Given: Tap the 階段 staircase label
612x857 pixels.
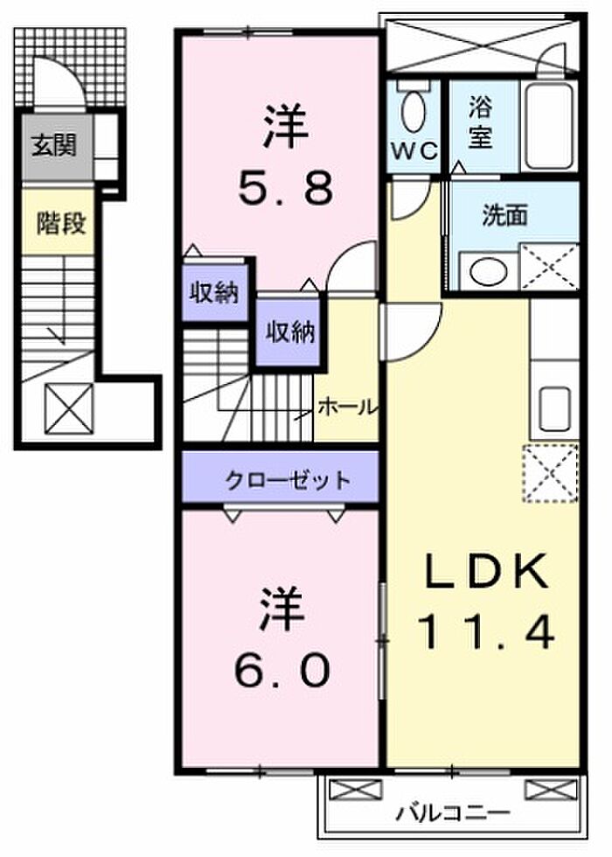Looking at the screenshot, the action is [x=60, y=223].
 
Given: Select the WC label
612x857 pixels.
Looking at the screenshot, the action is [x=414, y=150].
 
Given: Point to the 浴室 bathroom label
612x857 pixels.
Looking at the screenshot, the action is [x=480, y=122].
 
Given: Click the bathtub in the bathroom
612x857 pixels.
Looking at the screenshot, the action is [x=549, y=126].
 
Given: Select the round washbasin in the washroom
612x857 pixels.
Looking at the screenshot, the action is [x=488, y=271].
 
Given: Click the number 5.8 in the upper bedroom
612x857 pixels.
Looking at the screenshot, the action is [x=285, y=187].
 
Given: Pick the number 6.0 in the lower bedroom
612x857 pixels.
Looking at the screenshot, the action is [x=282, y=670].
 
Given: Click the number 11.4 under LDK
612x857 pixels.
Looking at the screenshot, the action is [x=486, y=631].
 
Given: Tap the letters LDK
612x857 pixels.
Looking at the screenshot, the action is [x=485, y=570].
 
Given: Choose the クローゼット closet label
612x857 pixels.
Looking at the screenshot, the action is [x=287, y=480].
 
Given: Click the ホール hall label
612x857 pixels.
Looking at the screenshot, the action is [x=347, y=407].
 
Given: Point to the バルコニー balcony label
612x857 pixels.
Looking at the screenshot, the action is [x=453, y=812].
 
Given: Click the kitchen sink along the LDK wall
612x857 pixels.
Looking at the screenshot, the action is [x=554, y=408].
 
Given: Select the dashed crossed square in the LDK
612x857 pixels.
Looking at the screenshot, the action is [x=551, y=473].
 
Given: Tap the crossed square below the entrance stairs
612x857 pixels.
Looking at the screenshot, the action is [x=69, y=408].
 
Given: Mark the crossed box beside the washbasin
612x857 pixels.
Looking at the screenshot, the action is [x=548, y=266].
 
